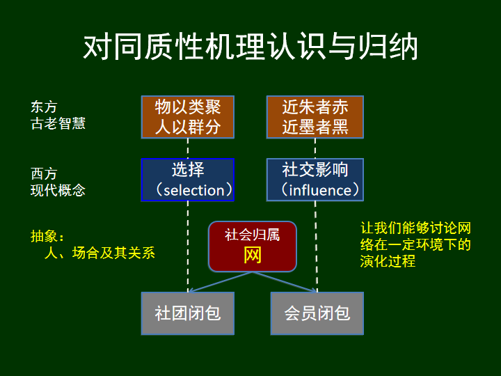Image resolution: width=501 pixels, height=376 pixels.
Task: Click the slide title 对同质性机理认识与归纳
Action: click(250, 47)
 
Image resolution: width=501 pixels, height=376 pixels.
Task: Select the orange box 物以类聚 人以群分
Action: click(188, 117)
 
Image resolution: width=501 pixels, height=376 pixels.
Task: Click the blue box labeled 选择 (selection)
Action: click(188, 180)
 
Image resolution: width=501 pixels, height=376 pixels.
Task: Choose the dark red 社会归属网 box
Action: click(253, 246)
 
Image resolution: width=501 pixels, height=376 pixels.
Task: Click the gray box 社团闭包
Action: click(188, 313)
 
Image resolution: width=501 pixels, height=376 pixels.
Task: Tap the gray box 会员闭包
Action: click(317, 313)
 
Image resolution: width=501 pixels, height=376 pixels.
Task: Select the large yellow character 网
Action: click(253, 256)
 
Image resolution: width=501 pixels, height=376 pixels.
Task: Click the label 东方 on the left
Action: click(44, 107)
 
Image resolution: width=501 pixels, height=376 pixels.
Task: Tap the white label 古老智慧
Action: click(58, 123)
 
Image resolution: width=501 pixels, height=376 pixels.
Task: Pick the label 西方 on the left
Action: click(44, 174)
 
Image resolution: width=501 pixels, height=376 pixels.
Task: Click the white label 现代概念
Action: click(58, 190)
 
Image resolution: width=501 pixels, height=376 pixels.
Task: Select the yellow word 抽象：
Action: click(47, 236)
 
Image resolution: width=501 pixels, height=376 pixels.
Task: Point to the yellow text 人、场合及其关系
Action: click(99, 253)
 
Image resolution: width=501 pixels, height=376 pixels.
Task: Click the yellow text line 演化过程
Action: click(388, 261)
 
